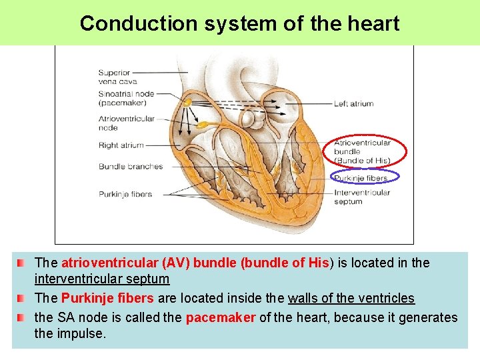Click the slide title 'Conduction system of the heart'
[239, 23]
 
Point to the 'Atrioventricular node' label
[127, 123]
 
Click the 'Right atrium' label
[121, 145]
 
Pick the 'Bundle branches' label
[130, 166]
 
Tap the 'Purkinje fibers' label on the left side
[125, 194]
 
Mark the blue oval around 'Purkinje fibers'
[365, 177]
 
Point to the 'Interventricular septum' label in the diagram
[362, 197]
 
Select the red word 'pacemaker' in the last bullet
[220, 317]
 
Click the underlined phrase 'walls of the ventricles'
[351, 298]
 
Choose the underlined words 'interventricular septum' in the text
[101, 279]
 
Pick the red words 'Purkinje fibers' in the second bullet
[107, 298]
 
